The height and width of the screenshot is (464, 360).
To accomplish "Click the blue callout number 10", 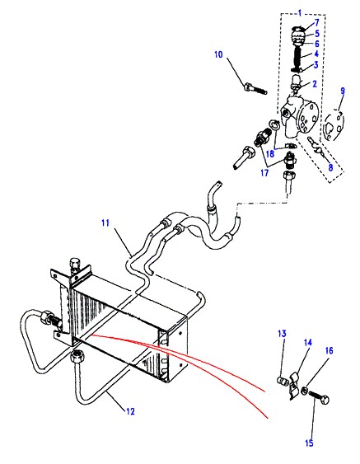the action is point(218,54).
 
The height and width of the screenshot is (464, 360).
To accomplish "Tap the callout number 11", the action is point(105,223).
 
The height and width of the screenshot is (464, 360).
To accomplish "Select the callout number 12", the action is point(130,411).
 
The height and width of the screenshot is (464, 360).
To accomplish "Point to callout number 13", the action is point(283,334).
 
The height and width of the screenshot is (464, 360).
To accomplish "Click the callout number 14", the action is point(308,343).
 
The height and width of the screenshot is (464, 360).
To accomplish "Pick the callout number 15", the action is point(309,443).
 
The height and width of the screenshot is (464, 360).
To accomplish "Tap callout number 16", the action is point(330,350).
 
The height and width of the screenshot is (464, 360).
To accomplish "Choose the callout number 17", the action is point(264,172).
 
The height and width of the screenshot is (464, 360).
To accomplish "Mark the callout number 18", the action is point(270,154).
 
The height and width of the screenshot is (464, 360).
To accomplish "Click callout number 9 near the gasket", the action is point(343,91).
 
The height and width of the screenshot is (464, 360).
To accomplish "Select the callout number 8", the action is point(330,167).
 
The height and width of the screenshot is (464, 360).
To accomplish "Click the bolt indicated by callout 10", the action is point(255,89).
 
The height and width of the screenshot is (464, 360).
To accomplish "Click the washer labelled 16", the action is point(304,391).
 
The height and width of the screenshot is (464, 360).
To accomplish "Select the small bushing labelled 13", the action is point(283,380).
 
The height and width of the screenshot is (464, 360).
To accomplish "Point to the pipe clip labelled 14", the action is point(295,385).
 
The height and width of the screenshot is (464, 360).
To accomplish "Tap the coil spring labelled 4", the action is point(299,56).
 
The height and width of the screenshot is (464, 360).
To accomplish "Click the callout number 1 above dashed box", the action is point(299,13).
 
